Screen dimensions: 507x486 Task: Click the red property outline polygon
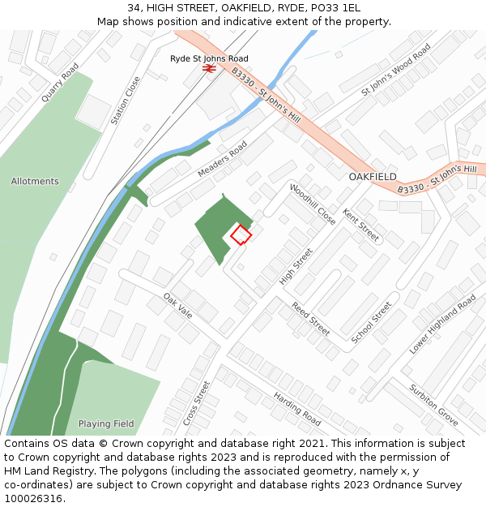[x=241, y=234]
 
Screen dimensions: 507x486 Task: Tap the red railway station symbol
[x=208, y=70]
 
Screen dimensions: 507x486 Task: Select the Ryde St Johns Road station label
[x=209, y=58]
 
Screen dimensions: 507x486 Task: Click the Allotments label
[x=35, y=182]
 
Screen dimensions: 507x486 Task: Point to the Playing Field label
[x=106, y=423]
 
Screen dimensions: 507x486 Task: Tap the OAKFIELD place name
[x=373, y=176]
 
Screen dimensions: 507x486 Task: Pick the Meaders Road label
[x=223, y=160]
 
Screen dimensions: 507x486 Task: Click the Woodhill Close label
[x=312, y=204]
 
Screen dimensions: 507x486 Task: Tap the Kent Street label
[x=360, y=226]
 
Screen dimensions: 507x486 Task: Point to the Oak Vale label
[x=177, y=305]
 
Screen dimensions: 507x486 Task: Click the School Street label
[x=373, y=321]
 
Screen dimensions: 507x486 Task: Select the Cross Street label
[x=196, y=403]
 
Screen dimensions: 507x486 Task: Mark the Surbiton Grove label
[x=433, y=405]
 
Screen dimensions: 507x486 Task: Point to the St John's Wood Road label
[x=396, y=69]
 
